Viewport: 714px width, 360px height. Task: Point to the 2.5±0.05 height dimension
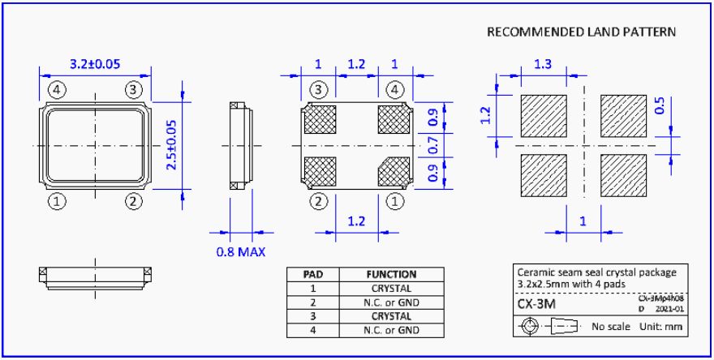coord(171,144)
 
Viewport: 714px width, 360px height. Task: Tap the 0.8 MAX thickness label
coord(241,251)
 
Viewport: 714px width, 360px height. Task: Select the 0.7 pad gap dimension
coord(432,146)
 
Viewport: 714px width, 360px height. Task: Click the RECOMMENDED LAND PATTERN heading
coord(581,32)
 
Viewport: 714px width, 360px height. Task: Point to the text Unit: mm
coord(657,327)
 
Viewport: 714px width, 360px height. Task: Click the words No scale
coord(611,327)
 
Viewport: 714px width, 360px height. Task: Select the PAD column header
coord(314,275)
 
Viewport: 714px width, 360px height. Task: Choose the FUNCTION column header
coord(391,275)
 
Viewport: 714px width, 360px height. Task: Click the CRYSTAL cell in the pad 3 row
coord(391,316)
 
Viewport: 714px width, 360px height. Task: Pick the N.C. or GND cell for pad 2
coord(391,302)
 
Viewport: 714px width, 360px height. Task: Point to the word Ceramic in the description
coord(536,272)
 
